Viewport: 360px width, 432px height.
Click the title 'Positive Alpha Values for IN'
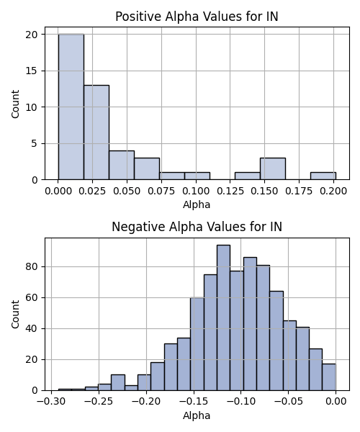pyautogui.click(x=197, y=17)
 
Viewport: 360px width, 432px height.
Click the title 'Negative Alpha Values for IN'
pyautogui.click(x=197, y=227)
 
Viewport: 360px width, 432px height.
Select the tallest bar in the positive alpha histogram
pyautogui.click(x=71, y=107)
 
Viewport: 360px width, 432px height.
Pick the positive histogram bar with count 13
pyautogui.click(x=96, y=132)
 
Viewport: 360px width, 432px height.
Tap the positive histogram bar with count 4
pyautogui.click(x=122, y=165)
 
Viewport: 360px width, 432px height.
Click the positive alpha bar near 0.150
pyautogui.click(x=273, y=168)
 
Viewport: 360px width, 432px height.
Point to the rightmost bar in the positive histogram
pyautogui.click(x=323, y=176)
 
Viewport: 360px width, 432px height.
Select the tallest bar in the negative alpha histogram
pyautogui.click(x=223, y=318)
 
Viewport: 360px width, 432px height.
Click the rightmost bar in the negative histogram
pyautogui.click(x=329, y=377)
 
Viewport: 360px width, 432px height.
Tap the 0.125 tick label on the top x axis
pyautogui.click(x=230, y=192)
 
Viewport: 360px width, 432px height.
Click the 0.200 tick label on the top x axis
pyautogui.click(x=333, y=192)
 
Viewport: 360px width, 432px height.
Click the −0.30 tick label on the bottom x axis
pyautogui.click(x=51, y=402)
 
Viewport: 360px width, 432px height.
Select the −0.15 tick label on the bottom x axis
pyautogui.click(x=194, y=402)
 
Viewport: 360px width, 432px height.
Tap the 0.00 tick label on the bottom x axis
pyautogui.click(x=336, y=402)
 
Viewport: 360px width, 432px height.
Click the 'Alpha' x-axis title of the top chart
pyautogui.click(x=197, y=204)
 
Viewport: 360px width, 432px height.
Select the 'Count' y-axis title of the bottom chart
pyautogui.click(x=15, y=315)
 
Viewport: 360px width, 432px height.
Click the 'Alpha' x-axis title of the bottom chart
pyautogui.click(x=197, y=415)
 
